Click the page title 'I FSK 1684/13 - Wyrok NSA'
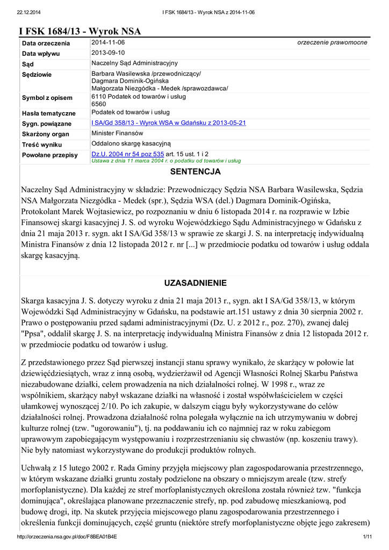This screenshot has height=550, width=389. coord(80,31)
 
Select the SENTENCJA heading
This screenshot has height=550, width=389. coord(196,172)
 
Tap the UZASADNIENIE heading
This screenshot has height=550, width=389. coord(195,283)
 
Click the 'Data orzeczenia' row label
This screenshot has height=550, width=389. coord(46,43)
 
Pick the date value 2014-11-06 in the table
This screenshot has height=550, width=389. coord(108,42)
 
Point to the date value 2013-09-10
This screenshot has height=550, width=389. coord(108,53)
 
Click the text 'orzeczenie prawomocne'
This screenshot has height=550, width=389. coord(332,42)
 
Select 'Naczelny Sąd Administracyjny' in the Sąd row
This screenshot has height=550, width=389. coord(134,63)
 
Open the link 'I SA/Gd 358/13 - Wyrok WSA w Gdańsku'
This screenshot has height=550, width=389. coord(169,123)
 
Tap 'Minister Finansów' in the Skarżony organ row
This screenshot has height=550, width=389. coord(117,133)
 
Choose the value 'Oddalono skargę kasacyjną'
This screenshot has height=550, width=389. coord(131,143)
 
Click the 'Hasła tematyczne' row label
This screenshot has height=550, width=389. coord(48,113)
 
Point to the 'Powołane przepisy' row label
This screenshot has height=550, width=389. coord(49,155)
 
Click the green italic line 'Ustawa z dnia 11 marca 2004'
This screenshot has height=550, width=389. coord(166,160)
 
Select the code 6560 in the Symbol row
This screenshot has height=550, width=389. coord(99,104)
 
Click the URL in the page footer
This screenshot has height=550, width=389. coord(67,537)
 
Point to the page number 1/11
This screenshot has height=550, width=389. coord(368,537)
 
